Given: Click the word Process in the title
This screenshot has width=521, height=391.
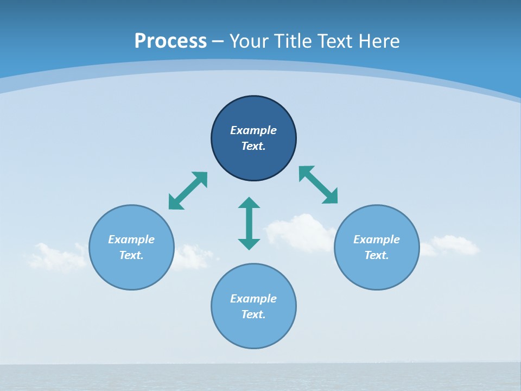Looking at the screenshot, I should (170, 41).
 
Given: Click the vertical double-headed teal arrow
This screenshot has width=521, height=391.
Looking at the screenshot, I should (249, 223).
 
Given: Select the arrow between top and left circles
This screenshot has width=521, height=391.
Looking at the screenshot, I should (188, 191).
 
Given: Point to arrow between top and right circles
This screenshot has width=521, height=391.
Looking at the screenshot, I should (318, 185).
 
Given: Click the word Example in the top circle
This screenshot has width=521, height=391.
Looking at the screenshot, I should (253, 130).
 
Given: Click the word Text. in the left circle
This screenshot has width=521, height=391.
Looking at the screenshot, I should (131, 255).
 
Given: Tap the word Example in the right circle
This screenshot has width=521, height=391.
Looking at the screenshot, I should (377, 239).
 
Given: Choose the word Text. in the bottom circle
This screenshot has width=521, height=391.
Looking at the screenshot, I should (253, 314).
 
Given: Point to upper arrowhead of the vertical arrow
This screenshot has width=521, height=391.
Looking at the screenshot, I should (249, 203).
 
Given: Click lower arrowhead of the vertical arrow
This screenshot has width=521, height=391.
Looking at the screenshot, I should (249, 244).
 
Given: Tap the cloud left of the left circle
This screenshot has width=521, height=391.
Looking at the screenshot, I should (54, 257).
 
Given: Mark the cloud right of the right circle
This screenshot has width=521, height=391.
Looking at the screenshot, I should (453, 245).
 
